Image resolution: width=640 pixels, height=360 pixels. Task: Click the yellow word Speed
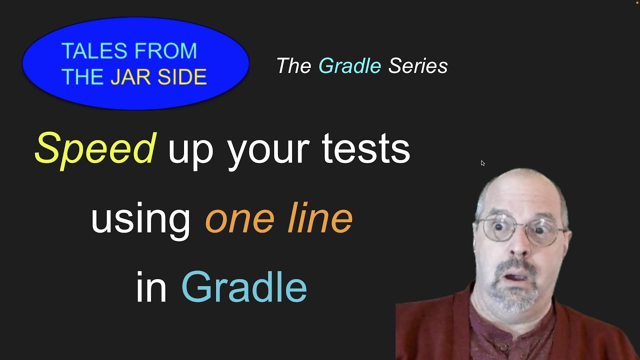pyautogui.click(x=95, y=149)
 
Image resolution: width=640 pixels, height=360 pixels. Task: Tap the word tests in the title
pyautogui.click(x=365, y=149)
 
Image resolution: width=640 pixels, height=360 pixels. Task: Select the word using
pyautogui.click(x=140, y=219)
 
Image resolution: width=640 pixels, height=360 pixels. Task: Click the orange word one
pyautogui.click(x=239, y=219)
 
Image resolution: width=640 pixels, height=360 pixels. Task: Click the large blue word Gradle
pyautogui.click(x=243, y=287)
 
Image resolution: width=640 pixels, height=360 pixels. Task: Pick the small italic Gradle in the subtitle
pyautogui.click(x=349, y=66)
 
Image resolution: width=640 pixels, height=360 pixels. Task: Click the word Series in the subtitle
pyautogui.click(x=418, y=66)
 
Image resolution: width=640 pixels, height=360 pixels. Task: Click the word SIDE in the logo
pyautogui.click(x=184, y=77)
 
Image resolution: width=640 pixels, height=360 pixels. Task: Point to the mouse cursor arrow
pyautogui.click(x=482, y=163)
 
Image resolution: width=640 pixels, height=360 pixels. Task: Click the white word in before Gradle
pyautogui.click(x=151, y=287)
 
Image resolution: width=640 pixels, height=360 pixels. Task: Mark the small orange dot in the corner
pyautogui.click(x=637, y=2)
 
